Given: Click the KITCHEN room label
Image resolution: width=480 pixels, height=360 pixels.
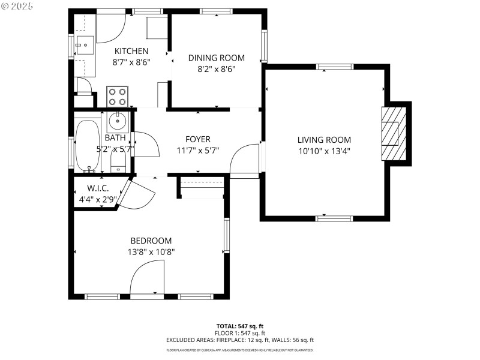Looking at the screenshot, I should point(131,51).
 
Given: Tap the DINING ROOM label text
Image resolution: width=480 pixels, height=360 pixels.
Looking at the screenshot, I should point(216,58).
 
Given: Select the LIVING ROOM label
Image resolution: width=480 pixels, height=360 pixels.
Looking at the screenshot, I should point(324,140).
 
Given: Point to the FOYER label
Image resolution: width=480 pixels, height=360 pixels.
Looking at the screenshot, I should point(197,139).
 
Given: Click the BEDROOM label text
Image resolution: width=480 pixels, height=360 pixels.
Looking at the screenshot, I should point(151,240).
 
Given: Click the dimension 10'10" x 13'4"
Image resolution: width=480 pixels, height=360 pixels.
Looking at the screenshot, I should point(324,151).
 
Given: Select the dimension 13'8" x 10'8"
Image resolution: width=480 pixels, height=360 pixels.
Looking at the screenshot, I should point(151,252).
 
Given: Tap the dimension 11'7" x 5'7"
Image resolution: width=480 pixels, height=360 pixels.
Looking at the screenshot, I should point(197,151).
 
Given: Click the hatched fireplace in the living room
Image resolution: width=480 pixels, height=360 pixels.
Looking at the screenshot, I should point(390,133).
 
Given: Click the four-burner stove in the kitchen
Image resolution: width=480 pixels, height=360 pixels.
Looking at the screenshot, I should point(118,97).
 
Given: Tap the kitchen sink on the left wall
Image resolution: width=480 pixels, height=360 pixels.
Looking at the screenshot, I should point(83,45).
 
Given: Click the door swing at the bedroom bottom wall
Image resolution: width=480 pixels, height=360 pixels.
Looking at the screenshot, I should point(146,281).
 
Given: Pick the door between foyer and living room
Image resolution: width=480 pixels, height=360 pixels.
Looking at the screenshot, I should point(245,160).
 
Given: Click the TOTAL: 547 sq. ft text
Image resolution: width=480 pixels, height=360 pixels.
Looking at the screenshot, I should point(239,326).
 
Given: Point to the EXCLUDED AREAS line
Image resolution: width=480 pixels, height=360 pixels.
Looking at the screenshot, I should point(239,340).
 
